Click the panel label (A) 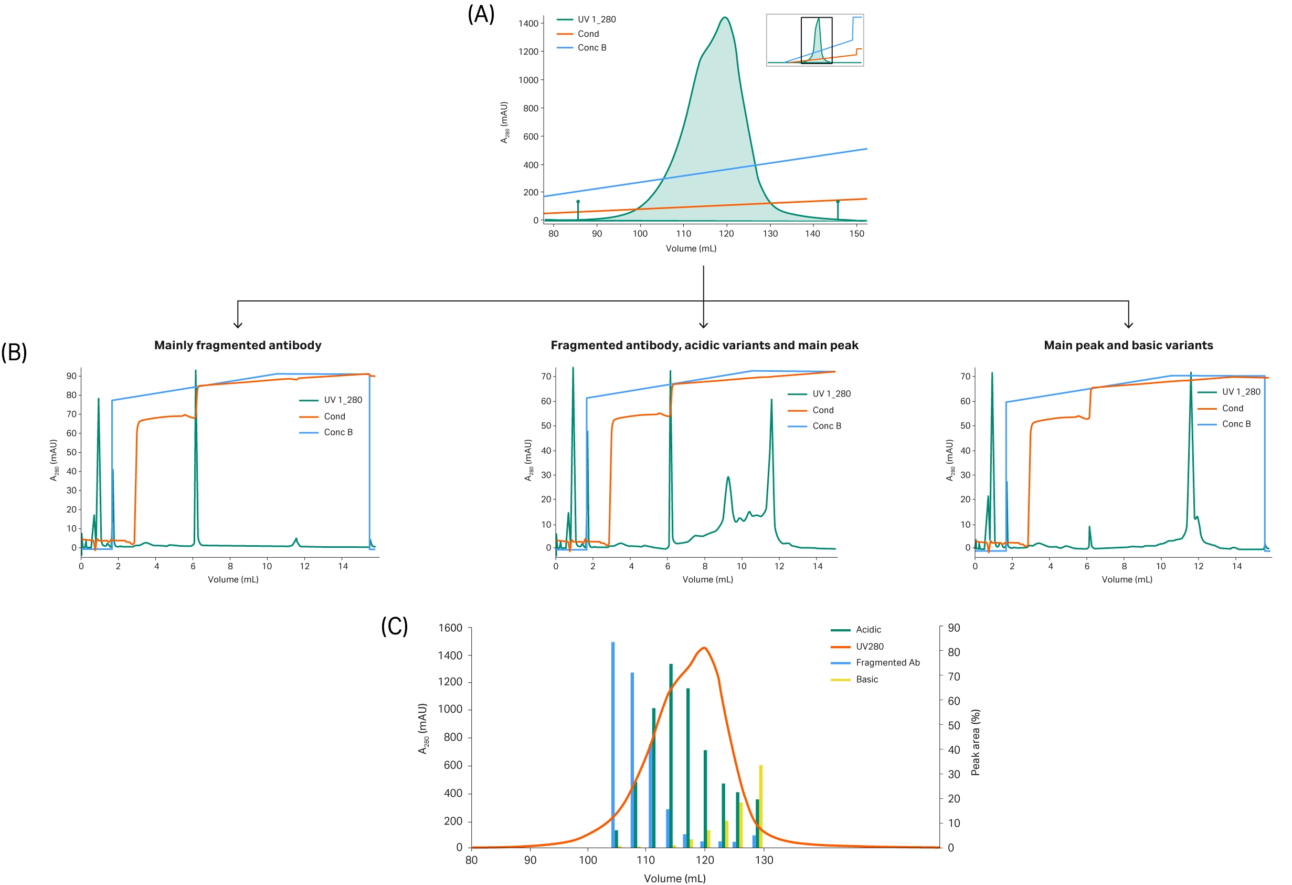click(481, 15)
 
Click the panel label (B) click(14, 352)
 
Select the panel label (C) click(394, 627)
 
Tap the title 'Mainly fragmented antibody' click(237, 346)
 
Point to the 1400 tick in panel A click(528, 23)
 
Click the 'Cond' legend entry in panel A click(588, 34)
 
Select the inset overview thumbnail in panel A click(814, 40)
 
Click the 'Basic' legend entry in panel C click(866, 679)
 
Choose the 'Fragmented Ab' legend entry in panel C click(887, 662)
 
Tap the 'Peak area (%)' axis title click(975, 742)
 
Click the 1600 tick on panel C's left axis click(450, 628)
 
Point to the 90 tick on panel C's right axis click(954, 628)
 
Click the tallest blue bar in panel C click(612, 740)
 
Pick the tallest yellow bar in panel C click(760, 807)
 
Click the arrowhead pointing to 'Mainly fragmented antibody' click(238, 325)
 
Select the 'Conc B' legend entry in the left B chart click(338, 432)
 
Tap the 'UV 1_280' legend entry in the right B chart click(1241, 392)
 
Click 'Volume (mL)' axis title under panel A click(691, 248)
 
